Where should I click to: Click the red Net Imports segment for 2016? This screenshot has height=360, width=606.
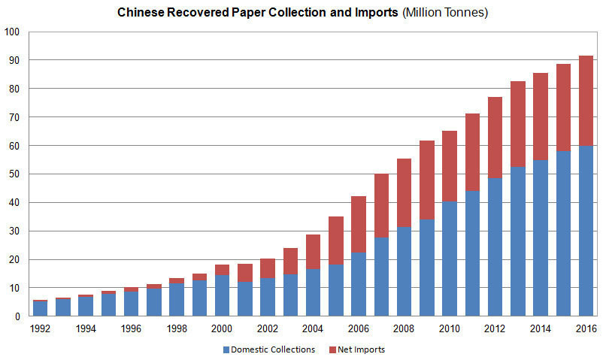click(586, 101)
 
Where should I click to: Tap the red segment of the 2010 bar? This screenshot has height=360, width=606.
click(450, 166)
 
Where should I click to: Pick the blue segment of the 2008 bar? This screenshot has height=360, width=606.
click(405, 271)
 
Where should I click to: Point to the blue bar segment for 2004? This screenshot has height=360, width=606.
click(313, 292)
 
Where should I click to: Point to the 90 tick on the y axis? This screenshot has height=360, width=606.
click(13, 60)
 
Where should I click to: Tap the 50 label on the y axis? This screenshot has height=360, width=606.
click(13, 174)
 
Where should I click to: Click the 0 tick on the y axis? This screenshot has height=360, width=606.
click(16, 316)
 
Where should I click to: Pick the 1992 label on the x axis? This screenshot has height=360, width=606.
click(41, 328)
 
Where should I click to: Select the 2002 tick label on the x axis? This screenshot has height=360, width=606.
click(268, 328)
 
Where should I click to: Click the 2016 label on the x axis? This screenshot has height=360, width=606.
click(586, 328)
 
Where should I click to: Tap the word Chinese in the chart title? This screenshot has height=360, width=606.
click(140, 13)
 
